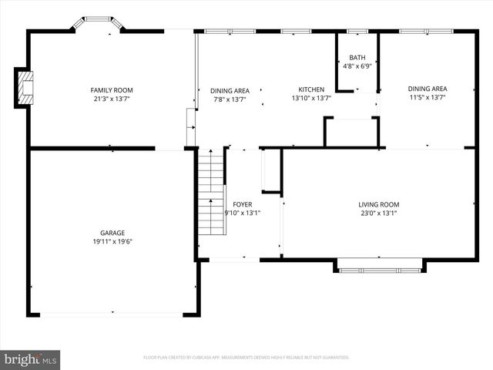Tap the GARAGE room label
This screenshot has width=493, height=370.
[112, 233]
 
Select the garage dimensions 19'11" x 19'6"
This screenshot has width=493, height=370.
[112, 241]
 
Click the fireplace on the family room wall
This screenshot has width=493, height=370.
[25, 88]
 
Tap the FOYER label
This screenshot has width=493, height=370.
[243, 204]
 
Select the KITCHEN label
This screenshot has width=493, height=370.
[311, 90]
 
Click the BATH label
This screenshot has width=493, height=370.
[357, 58]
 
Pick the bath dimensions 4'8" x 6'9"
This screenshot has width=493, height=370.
[357, 66]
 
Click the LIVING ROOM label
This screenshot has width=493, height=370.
[379, 204]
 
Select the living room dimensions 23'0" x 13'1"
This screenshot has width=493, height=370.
[379, 213]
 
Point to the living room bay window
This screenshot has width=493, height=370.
[379, 269]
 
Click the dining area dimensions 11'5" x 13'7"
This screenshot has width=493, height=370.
[428, 97]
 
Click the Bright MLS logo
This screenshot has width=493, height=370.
[31, 359]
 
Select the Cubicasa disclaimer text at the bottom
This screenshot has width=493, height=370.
[246, 358]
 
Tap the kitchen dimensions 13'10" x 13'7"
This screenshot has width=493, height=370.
[311, 99]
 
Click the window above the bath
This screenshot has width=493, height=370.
[357, 32]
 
